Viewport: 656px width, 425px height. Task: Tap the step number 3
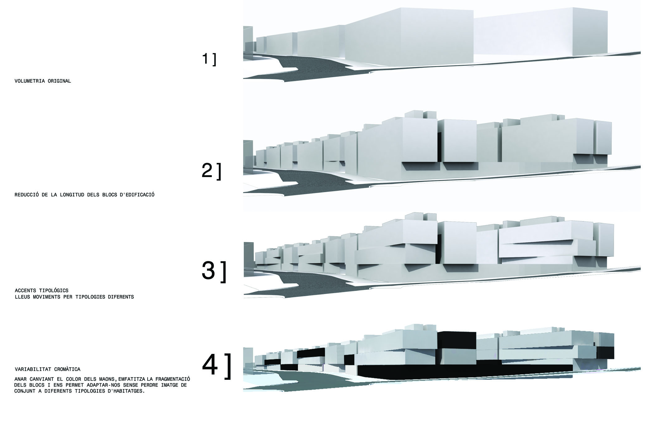(x=209, y=270)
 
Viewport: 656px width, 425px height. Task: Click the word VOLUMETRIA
(x=30, y=81)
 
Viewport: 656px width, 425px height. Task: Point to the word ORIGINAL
(x=59, y=81)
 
